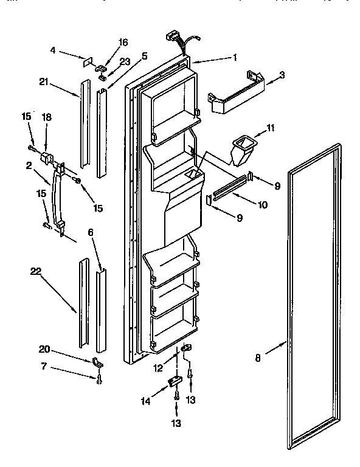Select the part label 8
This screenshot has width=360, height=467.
[x=258, y=358]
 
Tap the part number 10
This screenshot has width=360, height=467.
[x=263, y=205]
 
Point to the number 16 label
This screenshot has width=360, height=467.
[x=123, y=42]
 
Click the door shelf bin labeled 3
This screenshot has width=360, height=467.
[x=237, y=94]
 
